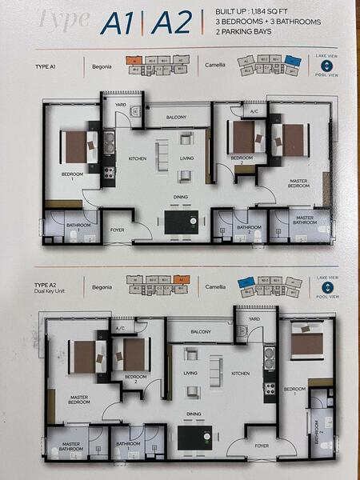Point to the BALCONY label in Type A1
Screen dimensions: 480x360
pos(176,118)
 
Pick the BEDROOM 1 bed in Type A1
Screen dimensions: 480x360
pos(78,146)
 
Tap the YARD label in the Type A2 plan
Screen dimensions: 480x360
pos(254,318)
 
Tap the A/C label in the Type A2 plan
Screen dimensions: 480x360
pos(120,328)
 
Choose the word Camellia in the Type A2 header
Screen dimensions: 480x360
pos(216,286)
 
